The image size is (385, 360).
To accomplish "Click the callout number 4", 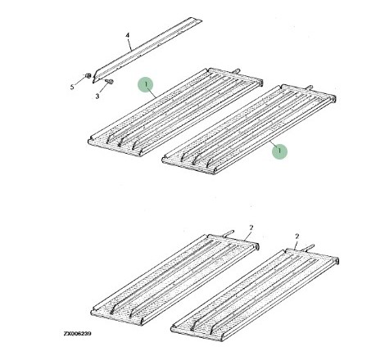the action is [x=127, y=35].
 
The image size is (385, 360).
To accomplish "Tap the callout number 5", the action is [x=72, y=87].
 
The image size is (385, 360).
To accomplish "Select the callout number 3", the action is [x=97, y=96].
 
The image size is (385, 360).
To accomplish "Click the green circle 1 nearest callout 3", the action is [x=146, y=84].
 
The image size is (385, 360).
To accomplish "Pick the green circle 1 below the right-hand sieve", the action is [x=279, y=151].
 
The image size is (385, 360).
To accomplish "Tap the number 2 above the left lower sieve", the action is [x=251, y=227].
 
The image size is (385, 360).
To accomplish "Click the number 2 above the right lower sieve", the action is [x=297, y=236].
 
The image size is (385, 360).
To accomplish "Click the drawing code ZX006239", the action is [x=78, y=334].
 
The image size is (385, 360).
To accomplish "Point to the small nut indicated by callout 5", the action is [x=88, y=75].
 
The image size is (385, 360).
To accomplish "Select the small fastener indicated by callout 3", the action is [x=109, y=82].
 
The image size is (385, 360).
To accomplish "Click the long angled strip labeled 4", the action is [x=147, y=50].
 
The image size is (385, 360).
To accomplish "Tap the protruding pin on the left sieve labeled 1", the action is [x=237, y=71].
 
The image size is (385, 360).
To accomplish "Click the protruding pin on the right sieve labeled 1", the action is [x=310, y=88].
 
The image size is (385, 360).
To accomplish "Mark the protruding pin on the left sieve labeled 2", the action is [x=229, y=233].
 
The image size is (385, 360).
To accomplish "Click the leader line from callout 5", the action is [x=79, y=81].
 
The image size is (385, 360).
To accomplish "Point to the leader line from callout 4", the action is [x=129, y=44].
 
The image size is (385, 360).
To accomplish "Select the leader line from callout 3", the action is [x=103, y=88].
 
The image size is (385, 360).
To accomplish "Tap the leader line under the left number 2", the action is [x=248, y=236].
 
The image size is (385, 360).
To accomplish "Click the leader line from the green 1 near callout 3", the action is [x=152, y=92].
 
